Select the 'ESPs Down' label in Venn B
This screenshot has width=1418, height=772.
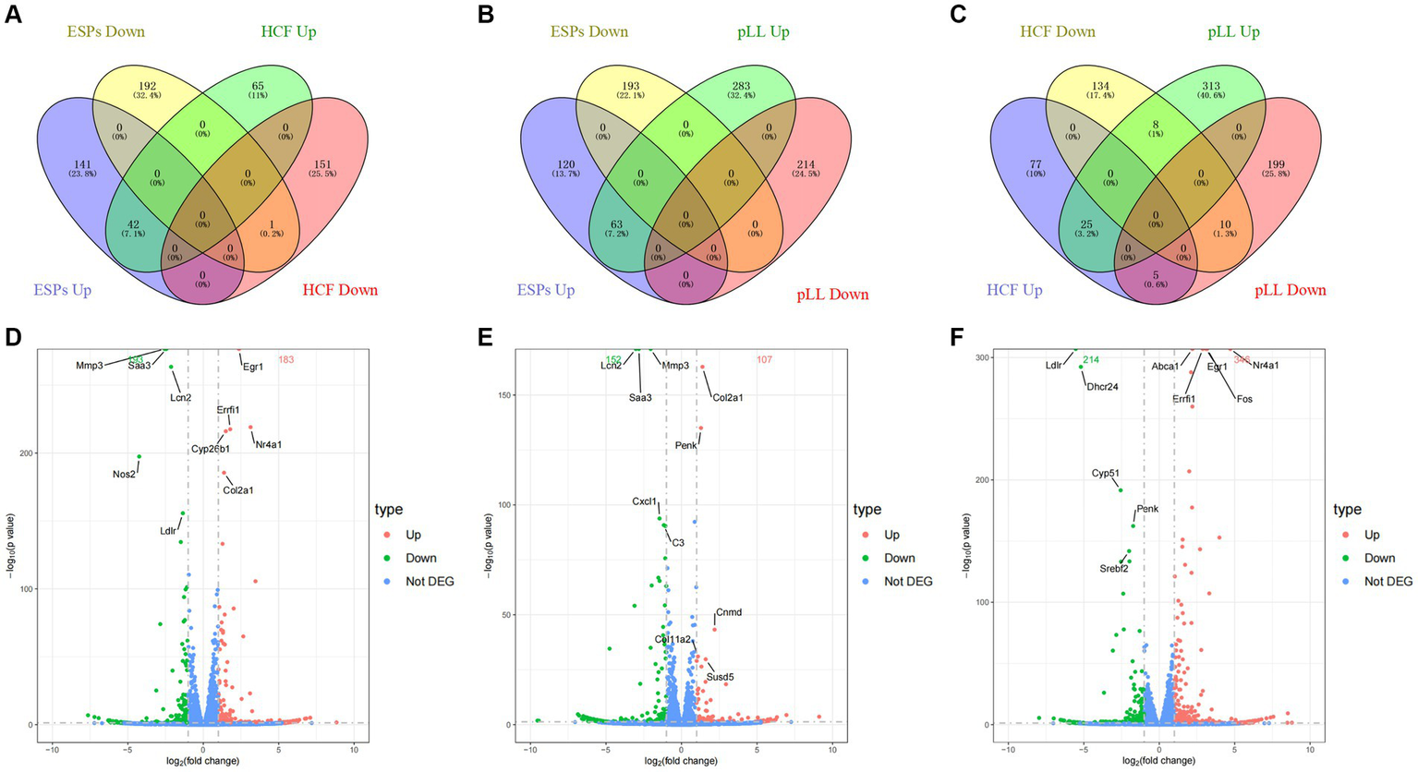click(x=588, y=32)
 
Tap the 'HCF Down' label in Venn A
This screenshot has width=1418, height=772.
click(x=339, y=290)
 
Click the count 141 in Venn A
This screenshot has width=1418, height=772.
click(x=84, y=164)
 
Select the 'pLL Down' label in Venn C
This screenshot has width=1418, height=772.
click(x=1290, y=290)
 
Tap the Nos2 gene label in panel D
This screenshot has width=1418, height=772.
click(x=125, y=474)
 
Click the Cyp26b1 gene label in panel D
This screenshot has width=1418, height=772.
click(x=210, y=449)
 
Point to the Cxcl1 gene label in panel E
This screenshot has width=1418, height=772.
click(x=645, y=501)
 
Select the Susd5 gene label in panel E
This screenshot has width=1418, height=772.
click(x=721, y=677)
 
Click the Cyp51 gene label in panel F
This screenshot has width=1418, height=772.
click(x=1106, y=474)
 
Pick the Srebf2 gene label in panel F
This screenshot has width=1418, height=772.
click(x=1113, y=569)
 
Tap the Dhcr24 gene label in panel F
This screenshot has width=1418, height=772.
click(x=1103, y=387)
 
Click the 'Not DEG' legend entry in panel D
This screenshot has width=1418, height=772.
click(x=430, y=581)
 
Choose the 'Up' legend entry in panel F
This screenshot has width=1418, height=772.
click(x=1372, y=535)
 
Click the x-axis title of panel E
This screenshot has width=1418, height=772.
click(x=682, y=761)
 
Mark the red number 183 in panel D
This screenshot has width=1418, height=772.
click(x=285, y=359)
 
